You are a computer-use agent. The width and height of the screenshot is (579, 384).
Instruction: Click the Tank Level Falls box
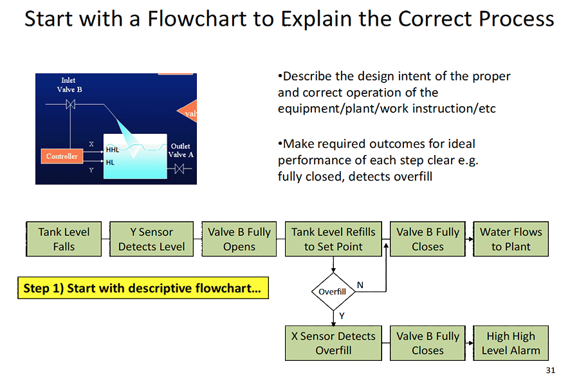point(64,239)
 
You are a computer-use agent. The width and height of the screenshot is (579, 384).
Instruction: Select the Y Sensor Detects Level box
point(151,239)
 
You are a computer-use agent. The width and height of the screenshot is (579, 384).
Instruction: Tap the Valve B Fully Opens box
point(239,239)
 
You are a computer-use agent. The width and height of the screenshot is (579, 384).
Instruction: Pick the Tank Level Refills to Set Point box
point(333,239)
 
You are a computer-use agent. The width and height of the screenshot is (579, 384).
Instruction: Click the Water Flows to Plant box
point(511,239)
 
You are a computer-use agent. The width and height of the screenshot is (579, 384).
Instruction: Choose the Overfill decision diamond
point(333,291)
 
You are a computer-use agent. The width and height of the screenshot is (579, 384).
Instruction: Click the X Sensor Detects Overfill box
point(333,343)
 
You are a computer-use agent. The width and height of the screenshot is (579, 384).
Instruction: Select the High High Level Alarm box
point(511,343)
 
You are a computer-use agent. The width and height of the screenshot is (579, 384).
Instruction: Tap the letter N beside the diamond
point(360,285)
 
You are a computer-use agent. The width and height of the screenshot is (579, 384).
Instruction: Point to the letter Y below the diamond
point(342,315)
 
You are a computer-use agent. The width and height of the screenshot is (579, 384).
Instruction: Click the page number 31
point(549,370)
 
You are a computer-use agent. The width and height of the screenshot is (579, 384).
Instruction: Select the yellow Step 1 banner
point(142,288)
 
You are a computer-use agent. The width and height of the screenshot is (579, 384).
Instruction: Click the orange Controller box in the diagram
point(62,156)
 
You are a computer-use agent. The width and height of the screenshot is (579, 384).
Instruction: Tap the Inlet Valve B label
point(69,86)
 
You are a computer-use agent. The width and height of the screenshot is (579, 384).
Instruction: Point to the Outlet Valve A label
point(181,150)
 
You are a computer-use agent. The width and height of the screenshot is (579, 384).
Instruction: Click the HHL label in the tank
point(113,149)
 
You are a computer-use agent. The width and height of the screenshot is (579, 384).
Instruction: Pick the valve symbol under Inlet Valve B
point(71,104)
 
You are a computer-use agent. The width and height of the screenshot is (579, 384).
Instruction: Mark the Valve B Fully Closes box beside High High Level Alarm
point(428,343)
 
